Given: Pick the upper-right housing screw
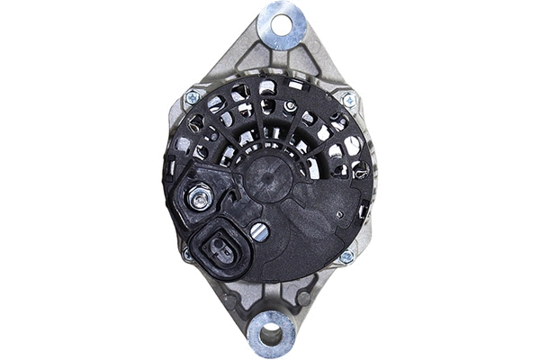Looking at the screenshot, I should coord(348,98).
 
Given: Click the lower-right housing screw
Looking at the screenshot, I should coord(346,256).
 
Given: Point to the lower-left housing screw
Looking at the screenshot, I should coord(188,255).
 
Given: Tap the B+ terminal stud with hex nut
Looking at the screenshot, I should coord(199,197).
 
